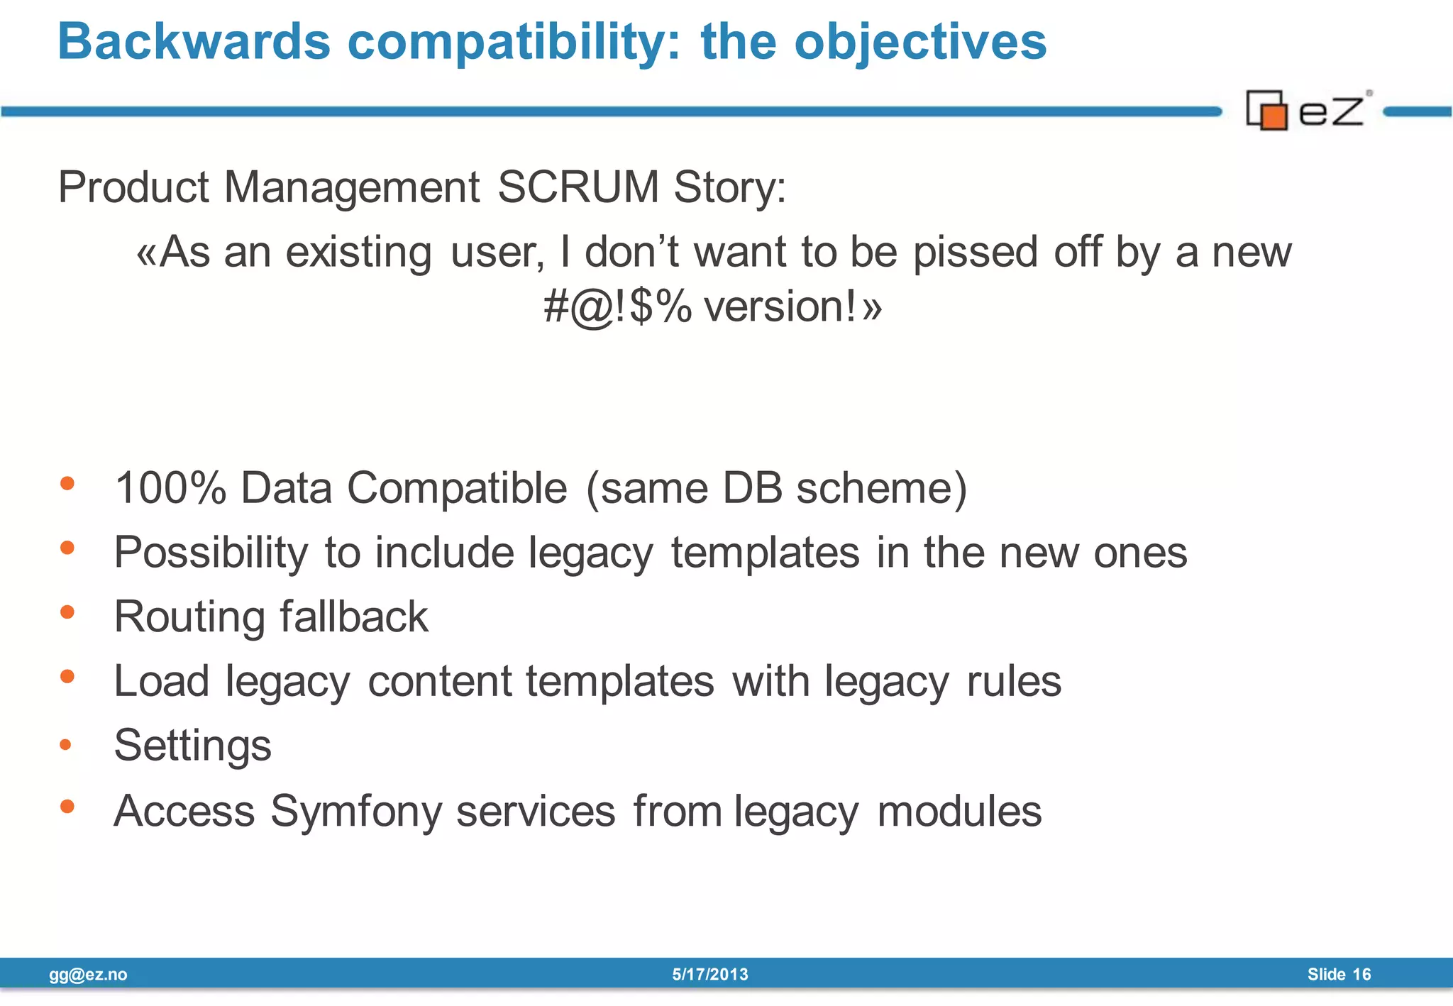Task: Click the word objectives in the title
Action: click(x=920, y=43)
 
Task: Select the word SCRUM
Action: click(x=578, y=187)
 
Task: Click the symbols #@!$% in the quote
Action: click(x=617, y=307)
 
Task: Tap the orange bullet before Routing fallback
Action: click(x=67, y=612)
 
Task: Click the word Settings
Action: click(x=192, y=746)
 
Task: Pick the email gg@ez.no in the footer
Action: click(x=88, y=975)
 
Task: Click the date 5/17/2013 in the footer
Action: click(x=710, y=975)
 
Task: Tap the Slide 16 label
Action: click(x=1339, y=975)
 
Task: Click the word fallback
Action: click(x=354, y=616)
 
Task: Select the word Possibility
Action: click(x=211, y=553)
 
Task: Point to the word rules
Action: click(x=1014, y=681)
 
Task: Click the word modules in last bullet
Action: click(x=959, y=811)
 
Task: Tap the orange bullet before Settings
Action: click(x=66, y=744)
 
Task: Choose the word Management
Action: click(x=352, y=187)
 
